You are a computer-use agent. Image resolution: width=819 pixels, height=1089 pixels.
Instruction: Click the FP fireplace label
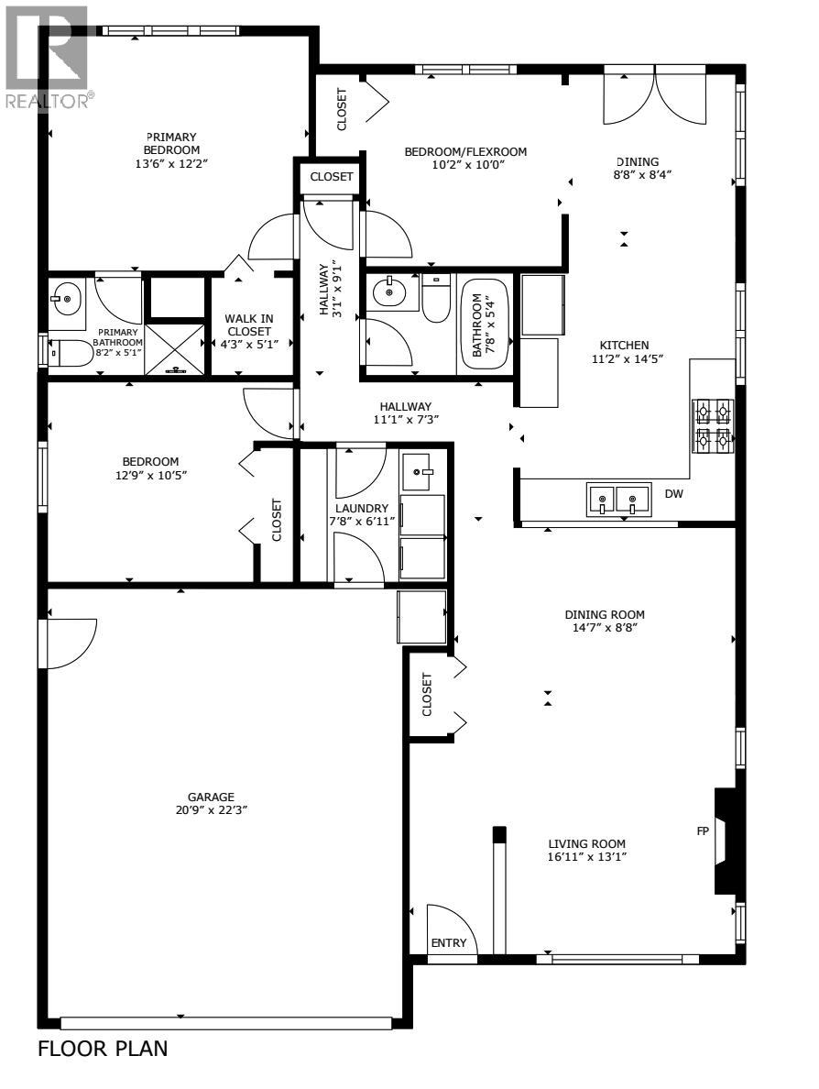click(703, 831)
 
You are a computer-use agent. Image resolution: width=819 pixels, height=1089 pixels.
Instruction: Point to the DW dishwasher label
click(674, 494)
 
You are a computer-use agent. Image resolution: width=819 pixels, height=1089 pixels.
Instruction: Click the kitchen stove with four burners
click(714, 426)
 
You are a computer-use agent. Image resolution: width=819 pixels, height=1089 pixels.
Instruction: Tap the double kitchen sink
click(618, 500)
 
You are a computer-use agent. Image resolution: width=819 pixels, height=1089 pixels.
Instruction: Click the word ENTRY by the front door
click(449, 943)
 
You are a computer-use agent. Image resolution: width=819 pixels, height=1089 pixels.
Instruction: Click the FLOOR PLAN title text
click(103, 1049)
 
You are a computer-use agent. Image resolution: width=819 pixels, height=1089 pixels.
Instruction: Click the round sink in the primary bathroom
click(66, 298)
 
